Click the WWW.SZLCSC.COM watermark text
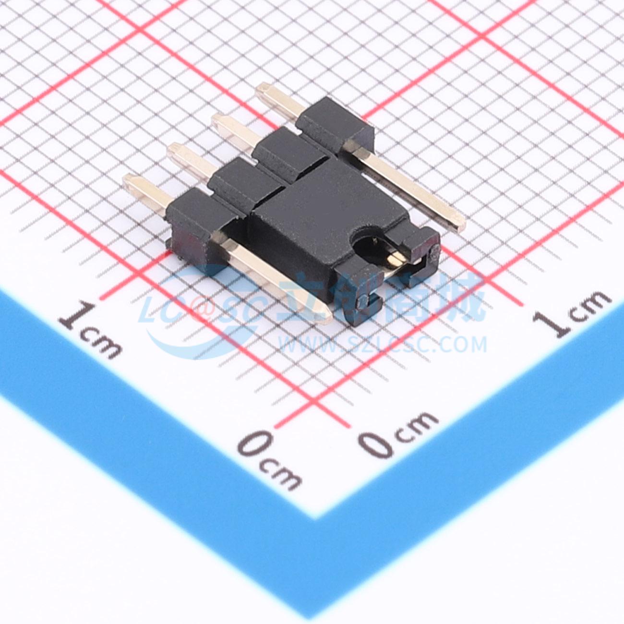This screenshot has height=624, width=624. coord(382,345)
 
